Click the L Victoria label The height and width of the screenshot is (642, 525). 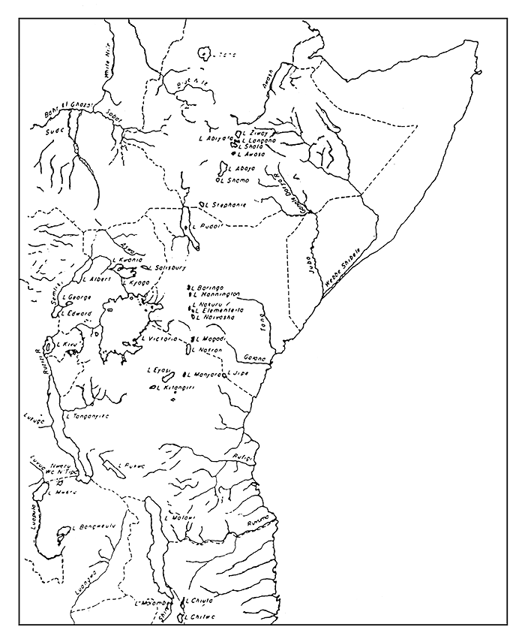(159, 339)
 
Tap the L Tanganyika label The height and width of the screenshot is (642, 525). (88, 415)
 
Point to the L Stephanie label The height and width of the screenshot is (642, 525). (226, 204)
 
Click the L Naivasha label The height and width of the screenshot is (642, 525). (216, 318)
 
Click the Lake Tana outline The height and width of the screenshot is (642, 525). (204, 54)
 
